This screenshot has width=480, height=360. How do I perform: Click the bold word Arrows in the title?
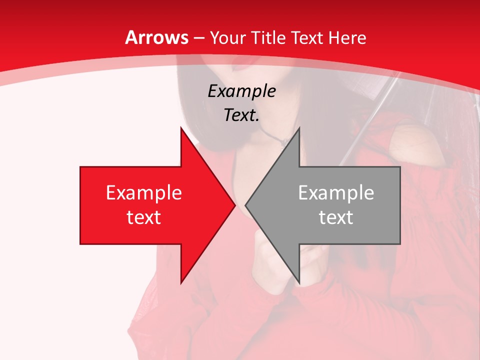[157, 37]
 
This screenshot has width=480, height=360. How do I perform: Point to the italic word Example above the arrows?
[241, 91]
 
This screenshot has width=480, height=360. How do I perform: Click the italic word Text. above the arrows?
[241, 115]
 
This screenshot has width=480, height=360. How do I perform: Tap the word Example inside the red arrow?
[143, 192]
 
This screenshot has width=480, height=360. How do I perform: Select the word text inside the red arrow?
[143, 217]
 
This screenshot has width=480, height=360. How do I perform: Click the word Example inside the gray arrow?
[336, 192]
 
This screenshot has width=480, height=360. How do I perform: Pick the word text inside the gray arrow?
[336, 217]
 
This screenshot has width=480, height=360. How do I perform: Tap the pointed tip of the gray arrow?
[246, 205]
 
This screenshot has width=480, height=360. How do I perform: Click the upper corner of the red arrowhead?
[181, 128]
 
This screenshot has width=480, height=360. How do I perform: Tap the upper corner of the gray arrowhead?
[299, 128]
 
